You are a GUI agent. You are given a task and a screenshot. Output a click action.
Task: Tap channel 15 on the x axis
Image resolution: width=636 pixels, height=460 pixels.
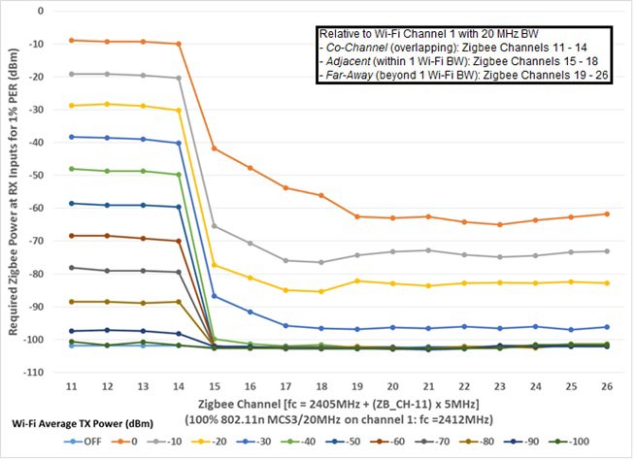tap(215, 386)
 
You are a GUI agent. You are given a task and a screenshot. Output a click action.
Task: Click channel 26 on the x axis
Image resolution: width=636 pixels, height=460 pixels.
tap(606, 386)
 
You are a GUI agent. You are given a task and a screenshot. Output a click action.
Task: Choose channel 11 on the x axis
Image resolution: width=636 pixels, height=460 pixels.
tap(72, 386)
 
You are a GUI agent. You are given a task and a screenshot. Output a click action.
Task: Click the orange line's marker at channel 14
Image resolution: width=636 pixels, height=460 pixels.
tap(179, 44)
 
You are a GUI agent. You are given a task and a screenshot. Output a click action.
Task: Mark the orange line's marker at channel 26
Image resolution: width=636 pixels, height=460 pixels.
tap(606, 214)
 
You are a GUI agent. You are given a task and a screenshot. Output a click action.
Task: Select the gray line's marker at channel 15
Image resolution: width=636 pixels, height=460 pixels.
tap(215, 226)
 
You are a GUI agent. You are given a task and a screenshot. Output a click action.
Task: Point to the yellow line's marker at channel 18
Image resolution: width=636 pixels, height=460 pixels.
tap(321, 291)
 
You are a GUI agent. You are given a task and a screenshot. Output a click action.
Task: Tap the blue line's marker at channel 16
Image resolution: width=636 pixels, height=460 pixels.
tap(251, 312)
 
